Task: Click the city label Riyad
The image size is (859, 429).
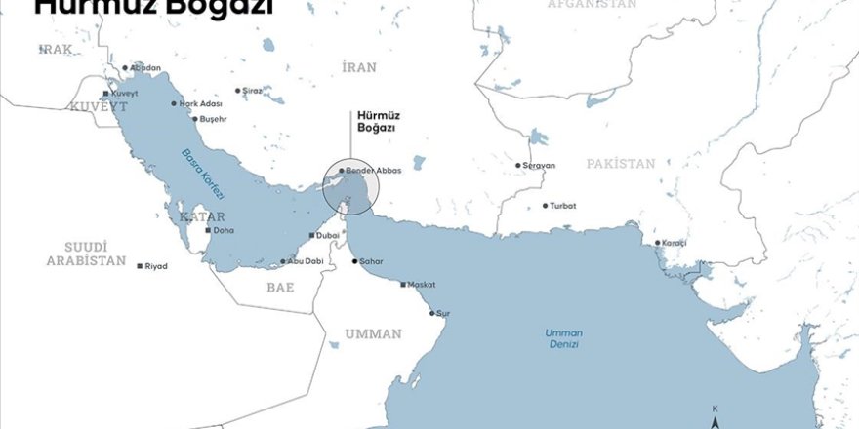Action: (156, 266)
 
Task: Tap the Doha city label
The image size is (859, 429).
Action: (224, 231)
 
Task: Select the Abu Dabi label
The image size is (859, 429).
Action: (305, 261)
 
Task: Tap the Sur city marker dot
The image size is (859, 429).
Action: (432, 314)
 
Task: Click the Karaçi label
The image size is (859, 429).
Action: (675, 242)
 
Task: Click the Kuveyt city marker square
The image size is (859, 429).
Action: (106, 93)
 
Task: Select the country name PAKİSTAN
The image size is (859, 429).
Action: (620, 164)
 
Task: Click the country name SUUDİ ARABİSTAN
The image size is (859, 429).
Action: (86, 254)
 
